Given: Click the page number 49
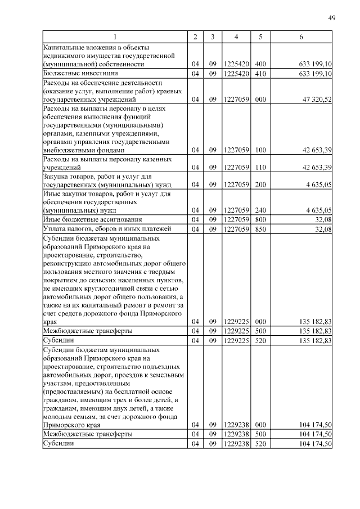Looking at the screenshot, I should coord(332,18).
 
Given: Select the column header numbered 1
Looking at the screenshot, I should coord(115,37).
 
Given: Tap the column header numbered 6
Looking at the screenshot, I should coord(301,37).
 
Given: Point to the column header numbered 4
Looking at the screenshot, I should coord(236,37).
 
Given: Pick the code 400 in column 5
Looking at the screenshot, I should coord(260,64).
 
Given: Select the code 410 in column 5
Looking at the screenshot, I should coord(260,73).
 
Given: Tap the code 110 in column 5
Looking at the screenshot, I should coord(260,168).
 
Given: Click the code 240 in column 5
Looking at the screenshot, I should coord(260,210).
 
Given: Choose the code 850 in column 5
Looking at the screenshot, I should coord(260,229).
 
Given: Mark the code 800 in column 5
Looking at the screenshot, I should coord(260,219).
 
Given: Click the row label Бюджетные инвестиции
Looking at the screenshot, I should coord(80,73).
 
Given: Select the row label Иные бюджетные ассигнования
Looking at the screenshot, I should coord(92,219).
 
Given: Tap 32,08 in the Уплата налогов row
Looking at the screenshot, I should coord(323,229).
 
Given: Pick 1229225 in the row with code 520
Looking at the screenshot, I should coord(236,340).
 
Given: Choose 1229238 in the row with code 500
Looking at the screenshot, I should coord(236,434).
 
